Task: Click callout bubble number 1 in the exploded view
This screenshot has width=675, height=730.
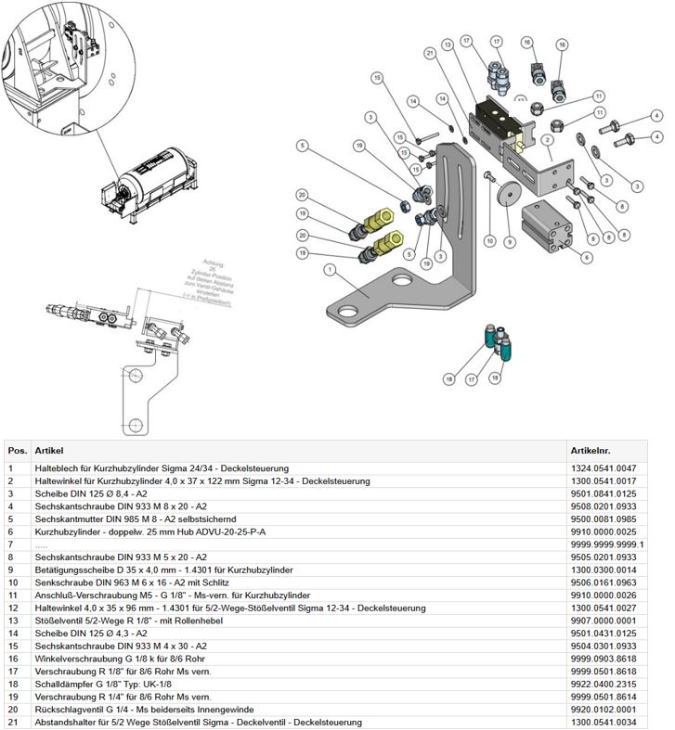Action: pos(329,269)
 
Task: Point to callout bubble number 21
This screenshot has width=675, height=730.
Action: pos(430,54)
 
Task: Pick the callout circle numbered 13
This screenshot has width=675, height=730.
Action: pos(448,44)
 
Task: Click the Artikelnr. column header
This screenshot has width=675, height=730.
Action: pos(591,450)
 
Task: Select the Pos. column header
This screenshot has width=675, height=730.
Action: pos(18,450)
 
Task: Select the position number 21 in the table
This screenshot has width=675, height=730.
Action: pos(12,722)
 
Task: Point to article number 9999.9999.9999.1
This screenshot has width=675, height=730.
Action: pos(606,544)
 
